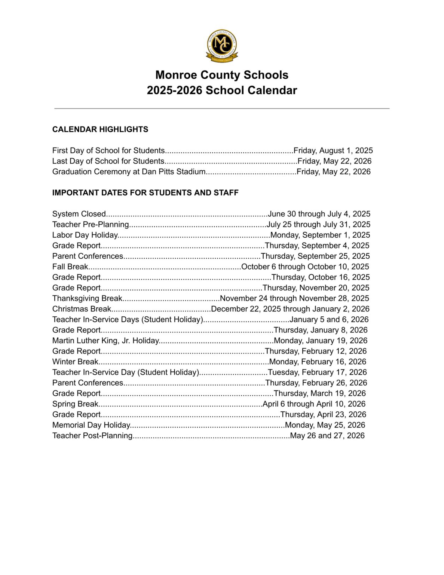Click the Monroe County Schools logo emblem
[222, 46]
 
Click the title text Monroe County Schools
[222, 75]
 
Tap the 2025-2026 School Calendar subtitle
[222, 90]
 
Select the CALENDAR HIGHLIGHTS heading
[100, 130]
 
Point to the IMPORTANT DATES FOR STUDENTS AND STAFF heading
[145, 193]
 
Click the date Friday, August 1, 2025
[333, 150]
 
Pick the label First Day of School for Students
[108, 150]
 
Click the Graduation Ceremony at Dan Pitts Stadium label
[129, 172]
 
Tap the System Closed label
[79, 214]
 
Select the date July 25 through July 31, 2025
[318, 225]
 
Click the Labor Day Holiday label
[85, 235]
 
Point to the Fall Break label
[70, 267]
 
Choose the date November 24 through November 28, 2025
[294, 298]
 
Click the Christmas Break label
[82, 309]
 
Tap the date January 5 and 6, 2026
[329, 320]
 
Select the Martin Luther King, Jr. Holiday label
[106, 341]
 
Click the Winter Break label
[75, 362]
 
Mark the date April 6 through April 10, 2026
[314, 404]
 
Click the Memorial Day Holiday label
[91, 425]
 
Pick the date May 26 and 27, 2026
[327, 436]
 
